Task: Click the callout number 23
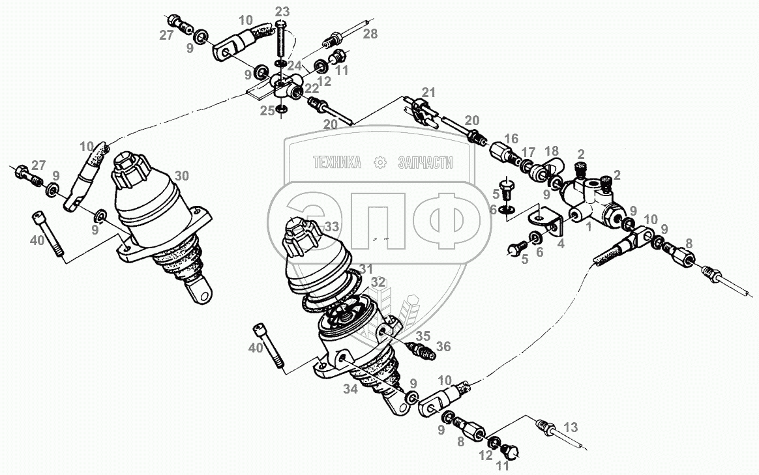[x=282, y=12]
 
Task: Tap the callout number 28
[x=370, y=33]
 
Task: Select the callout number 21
[x=428, y=93]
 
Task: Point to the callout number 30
[x=182, y=175]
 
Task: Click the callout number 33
[x=332, y=226]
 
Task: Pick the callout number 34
[x=350, y=388]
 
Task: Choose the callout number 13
[x=571, y=427]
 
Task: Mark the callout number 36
[x=443, y=347]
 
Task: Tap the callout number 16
[x=511, y=139]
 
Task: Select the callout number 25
[x=267, y=111]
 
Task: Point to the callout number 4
[x=561, y=244]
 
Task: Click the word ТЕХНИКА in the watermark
[x=337, y=162]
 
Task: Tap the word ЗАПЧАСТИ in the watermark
[x=425, y=162]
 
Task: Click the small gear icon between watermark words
[x=380, y=162]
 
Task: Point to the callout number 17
[x=528, y=152]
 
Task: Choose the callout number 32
[x=378, y=283]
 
